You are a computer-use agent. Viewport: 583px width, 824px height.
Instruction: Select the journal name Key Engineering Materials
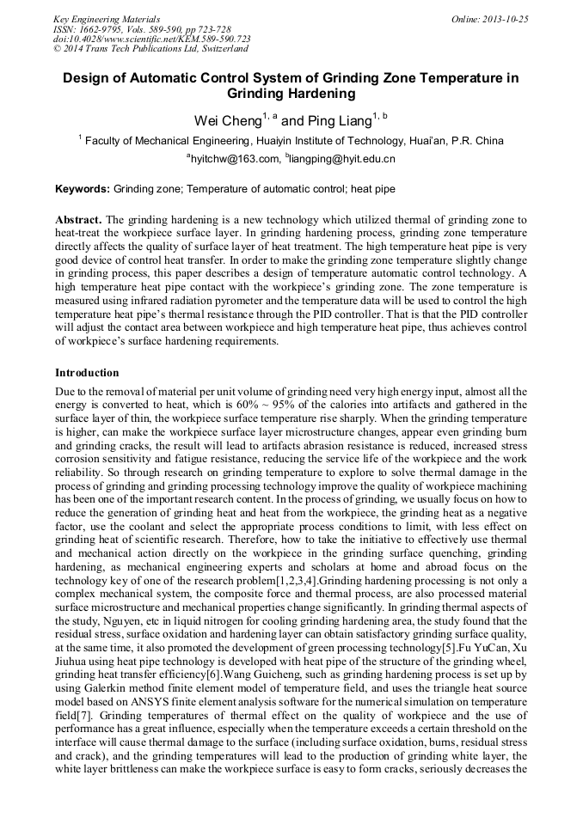coord(107,18)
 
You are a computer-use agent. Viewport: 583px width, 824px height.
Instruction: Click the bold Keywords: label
coord(83,187)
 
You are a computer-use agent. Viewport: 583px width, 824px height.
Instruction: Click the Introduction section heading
coord(87,373)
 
